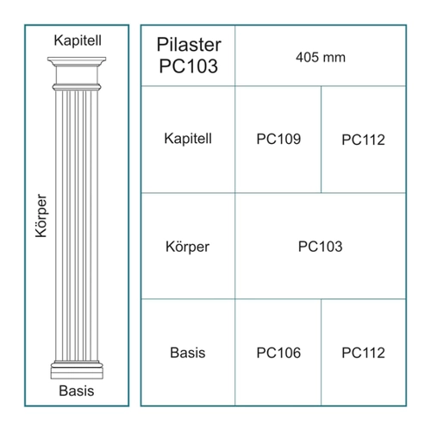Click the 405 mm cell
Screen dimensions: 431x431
tap(321, 57)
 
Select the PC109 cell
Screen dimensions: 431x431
tap(278, 139)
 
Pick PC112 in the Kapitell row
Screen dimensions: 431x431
tap(363, 140)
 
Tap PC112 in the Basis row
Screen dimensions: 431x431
tap(363, 353)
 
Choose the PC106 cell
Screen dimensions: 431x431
tap(278, 353)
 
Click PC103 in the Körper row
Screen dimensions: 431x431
tap(320, 247)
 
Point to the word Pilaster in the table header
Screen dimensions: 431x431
tap(189, 45)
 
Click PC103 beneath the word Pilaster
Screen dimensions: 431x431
tap(189, 66)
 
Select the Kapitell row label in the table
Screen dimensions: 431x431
tap(188, 138)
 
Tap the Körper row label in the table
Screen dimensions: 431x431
tap(187, 247)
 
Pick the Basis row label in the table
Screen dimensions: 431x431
tap(188, 353)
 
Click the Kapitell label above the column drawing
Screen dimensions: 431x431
tap(78, 41)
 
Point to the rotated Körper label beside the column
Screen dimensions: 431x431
tap(41, 216)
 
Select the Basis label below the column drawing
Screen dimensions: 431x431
tap(77, 390)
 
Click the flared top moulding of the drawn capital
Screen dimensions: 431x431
tap(77, 61)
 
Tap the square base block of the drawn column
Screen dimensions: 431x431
tap(77, 373)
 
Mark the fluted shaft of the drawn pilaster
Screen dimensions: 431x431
tap(77, 226)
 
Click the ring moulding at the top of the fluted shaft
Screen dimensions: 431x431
tap(77, 87)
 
